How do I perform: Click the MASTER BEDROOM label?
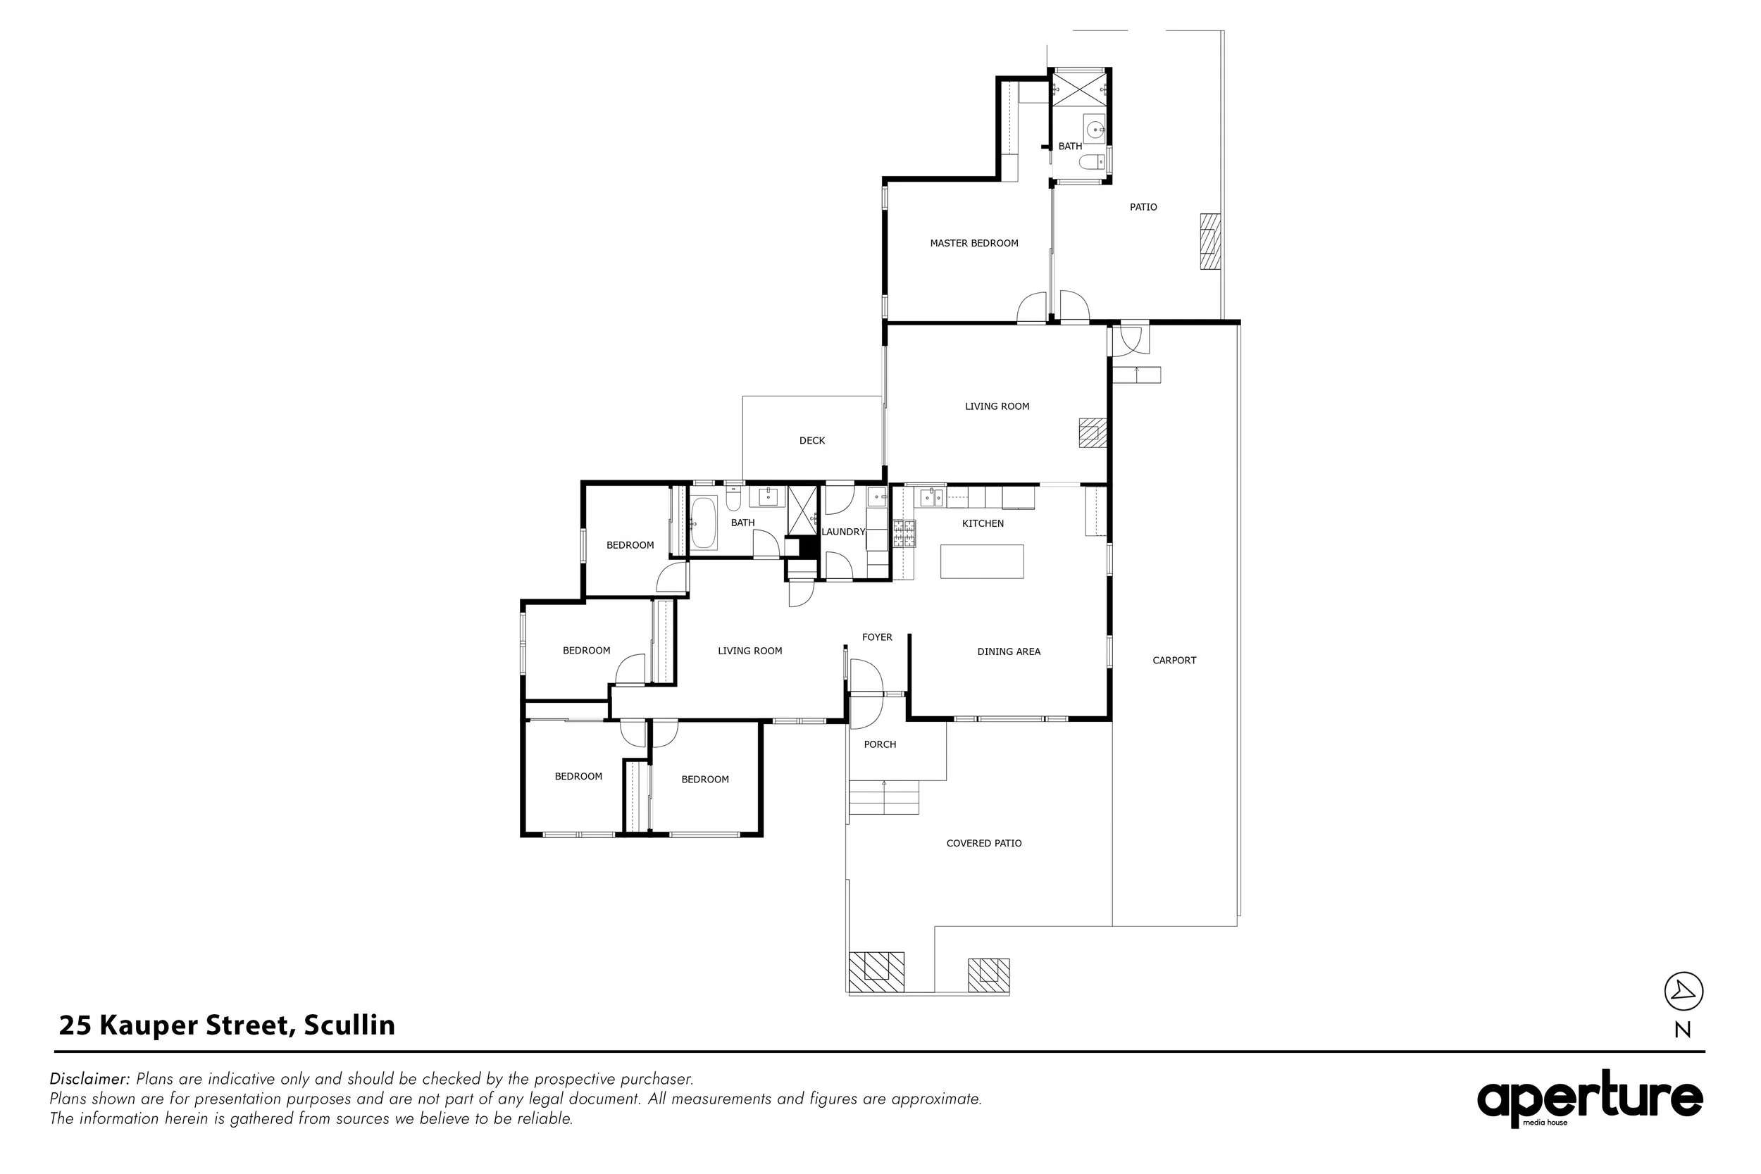pos(973,244)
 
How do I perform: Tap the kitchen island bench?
pos(981,561)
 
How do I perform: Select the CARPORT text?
pos(1174,661)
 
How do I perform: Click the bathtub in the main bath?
pos(704,523)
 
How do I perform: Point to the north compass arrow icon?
pos(1683,992)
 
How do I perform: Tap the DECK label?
pos(811,441)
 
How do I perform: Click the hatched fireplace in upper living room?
pos(1093,432)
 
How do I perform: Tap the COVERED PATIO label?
pos(983,843)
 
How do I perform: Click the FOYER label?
pos(877,637)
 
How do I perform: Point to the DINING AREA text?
pos(1009,651)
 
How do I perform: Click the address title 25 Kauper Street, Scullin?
pos(227,1025)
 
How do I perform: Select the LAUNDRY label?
pos(843,532)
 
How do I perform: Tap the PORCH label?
pos(880,744)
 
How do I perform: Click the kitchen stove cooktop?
pos(903,534)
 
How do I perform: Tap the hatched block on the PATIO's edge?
pos(1210,242)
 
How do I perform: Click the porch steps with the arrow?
pos(883,797)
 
